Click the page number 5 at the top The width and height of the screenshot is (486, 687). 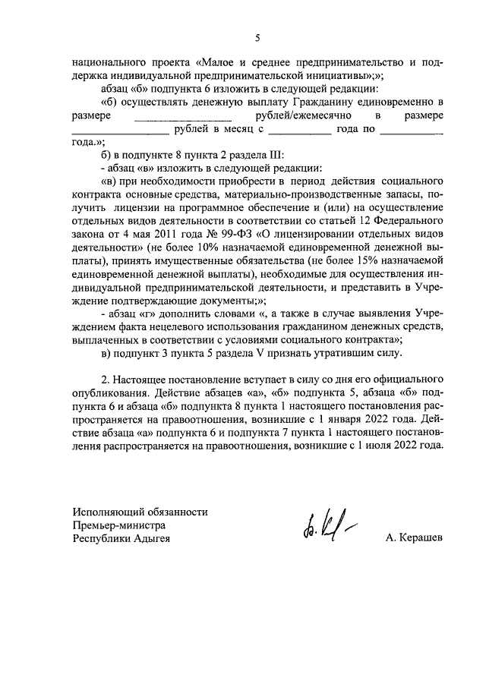point(257,37)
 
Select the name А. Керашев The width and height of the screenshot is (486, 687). point(413,538)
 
